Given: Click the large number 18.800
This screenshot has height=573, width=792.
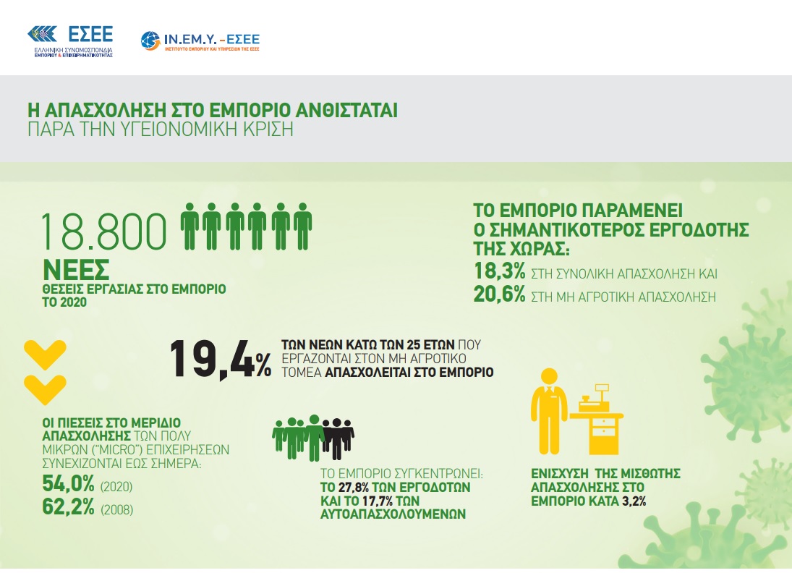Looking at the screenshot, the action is coord(103,232).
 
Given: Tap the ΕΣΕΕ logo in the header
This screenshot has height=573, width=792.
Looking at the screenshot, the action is coord(70,41).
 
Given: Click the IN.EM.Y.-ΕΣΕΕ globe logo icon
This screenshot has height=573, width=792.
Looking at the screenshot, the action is coord(150,41).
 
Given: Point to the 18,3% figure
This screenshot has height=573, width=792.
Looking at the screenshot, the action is coord(500,271).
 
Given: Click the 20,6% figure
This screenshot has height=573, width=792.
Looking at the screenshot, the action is coord(500,294).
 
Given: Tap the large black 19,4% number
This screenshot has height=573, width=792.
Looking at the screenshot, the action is coord(220,360).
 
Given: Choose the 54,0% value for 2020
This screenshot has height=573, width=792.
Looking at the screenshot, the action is coord(68,484).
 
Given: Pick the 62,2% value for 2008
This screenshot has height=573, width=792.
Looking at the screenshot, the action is coord(68,507).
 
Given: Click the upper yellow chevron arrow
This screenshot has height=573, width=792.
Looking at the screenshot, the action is coord(45,355).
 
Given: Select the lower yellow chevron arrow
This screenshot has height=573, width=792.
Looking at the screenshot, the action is coord(45,389).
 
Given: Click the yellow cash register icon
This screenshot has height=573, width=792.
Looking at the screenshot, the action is coord(597,419).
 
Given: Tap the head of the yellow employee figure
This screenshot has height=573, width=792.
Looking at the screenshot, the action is coord(549,376).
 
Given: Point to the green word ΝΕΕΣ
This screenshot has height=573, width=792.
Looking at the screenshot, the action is coord(76,271).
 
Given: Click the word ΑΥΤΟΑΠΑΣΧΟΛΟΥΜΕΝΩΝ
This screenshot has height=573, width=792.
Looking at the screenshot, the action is coord(393,514).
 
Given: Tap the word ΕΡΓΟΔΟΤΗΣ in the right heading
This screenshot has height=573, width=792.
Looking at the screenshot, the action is coord(699,230).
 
